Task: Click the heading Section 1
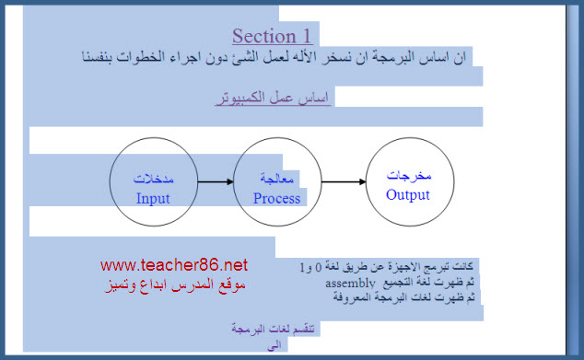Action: coord(272,36)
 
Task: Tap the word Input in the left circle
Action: coord(153,199)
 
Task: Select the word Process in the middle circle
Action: coord(276,199)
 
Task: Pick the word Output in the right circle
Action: coord(408,194)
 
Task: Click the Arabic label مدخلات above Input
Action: coord(154,179)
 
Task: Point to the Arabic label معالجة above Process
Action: coord(276,179)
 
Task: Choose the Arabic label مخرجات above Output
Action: coord(409,175)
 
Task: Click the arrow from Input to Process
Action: coord(216,181)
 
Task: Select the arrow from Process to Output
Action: coord(344,181)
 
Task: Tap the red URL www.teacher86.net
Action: coord(174,265)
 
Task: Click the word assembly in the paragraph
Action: coord(350,284)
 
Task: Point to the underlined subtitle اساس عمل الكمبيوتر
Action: coord(273,98)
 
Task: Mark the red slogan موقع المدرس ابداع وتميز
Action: coord(175,285)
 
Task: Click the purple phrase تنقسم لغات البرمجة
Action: coord(273,329)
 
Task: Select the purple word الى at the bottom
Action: coord(274,346)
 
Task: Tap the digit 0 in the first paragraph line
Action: coord(318,267)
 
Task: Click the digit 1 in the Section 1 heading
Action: coord(307,36)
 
